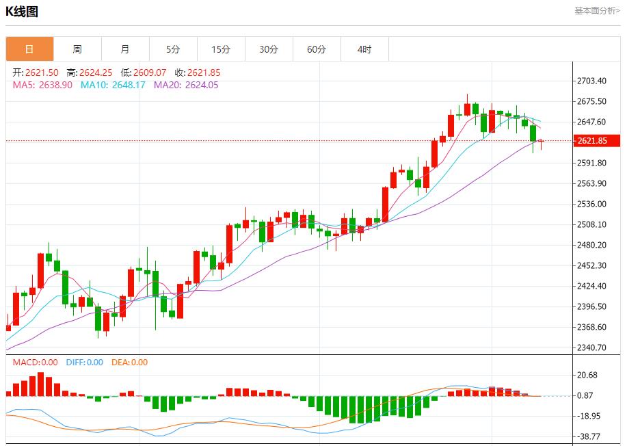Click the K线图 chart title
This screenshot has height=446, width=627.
(x=22, y=12)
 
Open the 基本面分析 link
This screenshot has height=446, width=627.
(x=596, y=11)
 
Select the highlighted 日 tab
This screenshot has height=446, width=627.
(x=29, y=49)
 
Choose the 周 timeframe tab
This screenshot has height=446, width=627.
(x=77, y=49)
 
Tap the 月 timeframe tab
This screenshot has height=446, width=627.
(x=125, y=49)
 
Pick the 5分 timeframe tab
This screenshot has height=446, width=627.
(x=173, y=49)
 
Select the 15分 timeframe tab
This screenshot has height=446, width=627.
(x=221, y=49)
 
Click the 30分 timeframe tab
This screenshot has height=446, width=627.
(x=269, y=49)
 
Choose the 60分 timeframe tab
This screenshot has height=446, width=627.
(x=317, y=49)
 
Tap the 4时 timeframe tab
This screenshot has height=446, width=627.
(x=364, y=49)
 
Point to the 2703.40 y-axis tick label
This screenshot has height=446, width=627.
(x=592, y=81)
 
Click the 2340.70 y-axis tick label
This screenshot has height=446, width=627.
(x=592, y=347)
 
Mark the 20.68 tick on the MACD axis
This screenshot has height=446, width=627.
(x=588, y=375)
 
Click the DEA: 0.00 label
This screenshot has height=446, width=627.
(x=129, y=363)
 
